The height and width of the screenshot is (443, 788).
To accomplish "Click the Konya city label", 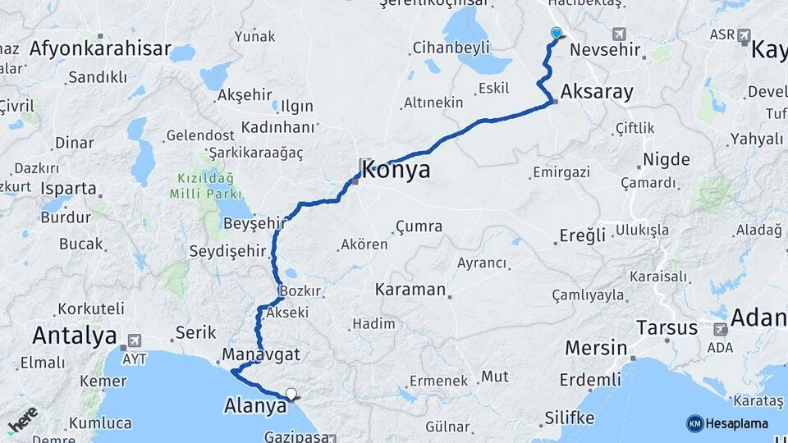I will click(396, 171).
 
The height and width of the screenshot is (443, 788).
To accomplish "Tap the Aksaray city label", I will click(598, 91).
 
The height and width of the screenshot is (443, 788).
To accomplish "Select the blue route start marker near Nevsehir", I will click(557, 33).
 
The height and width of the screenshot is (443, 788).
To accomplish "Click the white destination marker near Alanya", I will click(290, 394).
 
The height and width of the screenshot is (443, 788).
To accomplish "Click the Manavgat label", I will click(260, 355).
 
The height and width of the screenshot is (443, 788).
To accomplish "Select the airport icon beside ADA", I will click(721, 329).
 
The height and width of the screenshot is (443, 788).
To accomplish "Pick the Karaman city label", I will click(410, 290).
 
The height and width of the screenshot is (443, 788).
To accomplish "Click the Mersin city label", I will click(596, 348).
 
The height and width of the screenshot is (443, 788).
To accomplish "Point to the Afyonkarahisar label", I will click(100, 48).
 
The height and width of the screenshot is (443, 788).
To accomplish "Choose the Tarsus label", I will click(667, 328).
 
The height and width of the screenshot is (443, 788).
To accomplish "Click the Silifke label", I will click(569, 418).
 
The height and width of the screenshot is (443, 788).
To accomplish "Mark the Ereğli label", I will click(582, 235).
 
